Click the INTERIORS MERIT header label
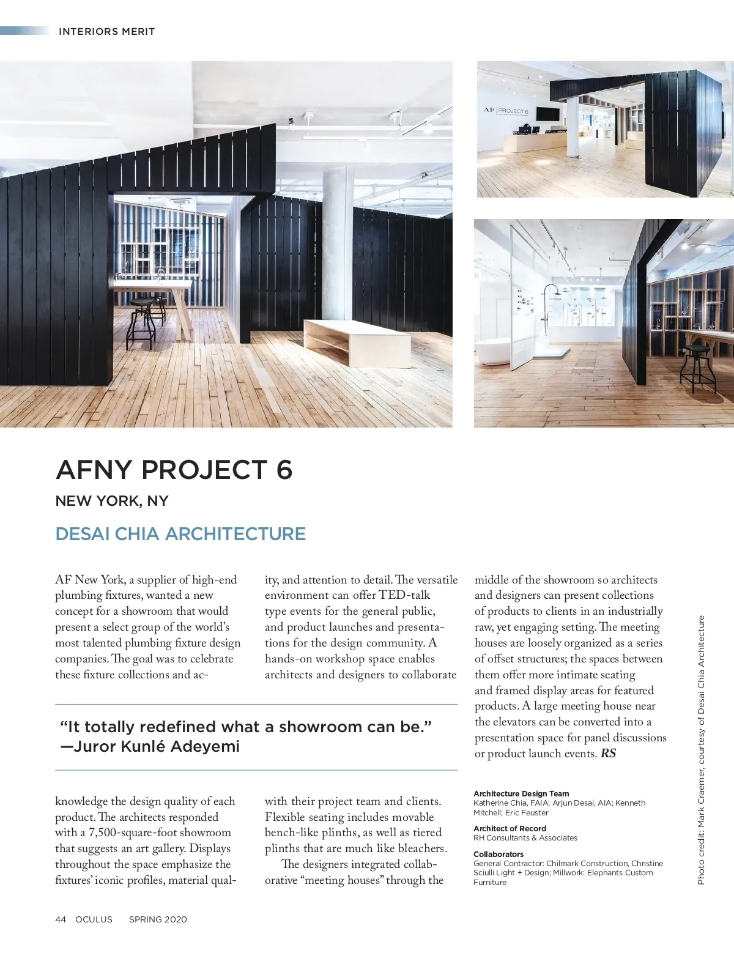[106, 31]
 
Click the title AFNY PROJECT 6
[174, 470]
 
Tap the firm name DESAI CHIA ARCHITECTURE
[180, 533]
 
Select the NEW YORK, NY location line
[111, 501]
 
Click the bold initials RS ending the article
[608, 754]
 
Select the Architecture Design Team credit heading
[521, 793]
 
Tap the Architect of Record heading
[510, 828]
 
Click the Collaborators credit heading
[499, 854]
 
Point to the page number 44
[61, 919]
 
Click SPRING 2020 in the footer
[158, 919]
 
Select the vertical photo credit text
[702, 749]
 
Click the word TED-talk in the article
[404, 595]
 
